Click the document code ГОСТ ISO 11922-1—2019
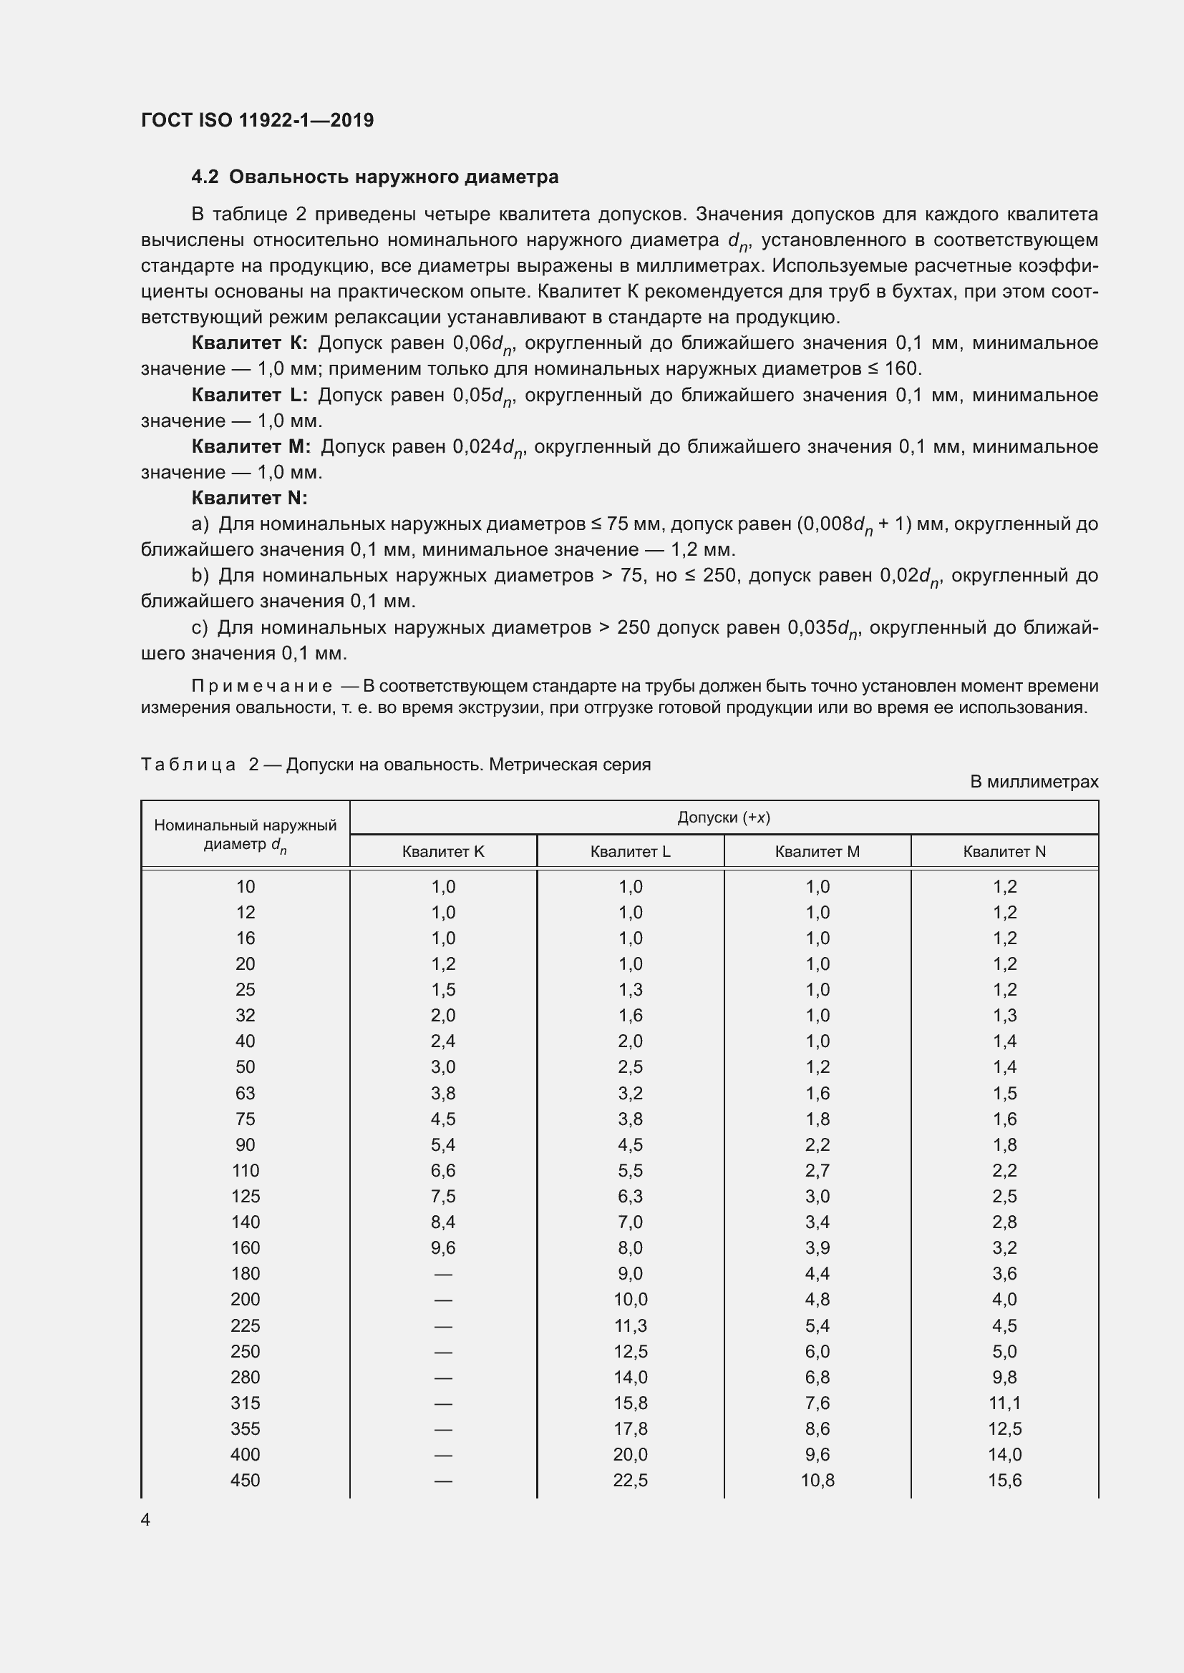(x=257, y=120)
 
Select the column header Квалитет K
(x=442, y=851)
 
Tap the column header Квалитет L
(x=630, y=851)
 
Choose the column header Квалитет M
(x=817, y=851)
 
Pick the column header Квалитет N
(x=1004, y=851)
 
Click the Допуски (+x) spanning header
(x=723, y=817)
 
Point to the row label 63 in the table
(x=245, y=1093)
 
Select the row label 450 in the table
(x=245, y=1480)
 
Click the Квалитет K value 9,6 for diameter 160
(x=442, y=1247)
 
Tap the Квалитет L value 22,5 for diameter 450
(x=630, y=1480)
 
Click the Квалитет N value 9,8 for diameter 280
(x=1004, y=1377)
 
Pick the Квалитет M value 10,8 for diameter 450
(x=817, y=1480)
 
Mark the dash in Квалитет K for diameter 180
(x=442, y=1275)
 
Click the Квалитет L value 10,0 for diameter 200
(x=630, y=1299)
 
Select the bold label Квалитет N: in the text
(x=249, y=498)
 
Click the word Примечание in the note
(x=262, y=686)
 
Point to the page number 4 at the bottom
(x=145, y=1519)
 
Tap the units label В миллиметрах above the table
(x=1033, y=782)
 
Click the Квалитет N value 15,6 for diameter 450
(x=1004, y=1480)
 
